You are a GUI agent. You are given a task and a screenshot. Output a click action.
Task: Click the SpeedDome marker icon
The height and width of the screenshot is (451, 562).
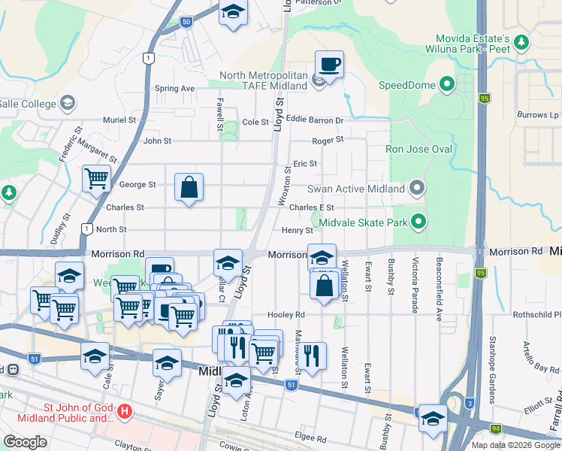point(449,84)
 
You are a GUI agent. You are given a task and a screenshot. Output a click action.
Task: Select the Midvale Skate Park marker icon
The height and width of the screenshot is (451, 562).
point(418,222)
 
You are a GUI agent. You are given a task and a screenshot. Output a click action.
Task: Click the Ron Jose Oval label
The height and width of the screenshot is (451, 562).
point(418,149)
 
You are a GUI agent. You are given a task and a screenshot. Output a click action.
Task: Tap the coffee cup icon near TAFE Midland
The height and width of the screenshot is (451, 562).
point(329,65)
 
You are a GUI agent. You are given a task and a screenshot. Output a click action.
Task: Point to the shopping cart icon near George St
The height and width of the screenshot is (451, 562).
point(97,179)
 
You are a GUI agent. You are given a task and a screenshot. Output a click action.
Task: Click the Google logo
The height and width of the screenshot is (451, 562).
point(25,442)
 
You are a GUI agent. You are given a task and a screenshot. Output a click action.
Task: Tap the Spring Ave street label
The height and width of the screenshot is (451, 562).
point(174,89)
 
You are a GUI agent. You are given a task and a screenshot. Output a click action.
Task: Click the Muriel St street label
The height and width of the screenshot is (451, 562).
point(119,120)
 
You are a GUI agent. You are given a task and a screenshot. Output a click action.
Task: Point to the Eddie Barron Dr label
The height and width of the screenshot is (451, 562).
point(315,120)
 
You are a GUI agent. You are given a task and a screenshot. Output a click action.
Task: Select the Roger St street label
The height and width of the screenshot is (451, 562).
point(328,140)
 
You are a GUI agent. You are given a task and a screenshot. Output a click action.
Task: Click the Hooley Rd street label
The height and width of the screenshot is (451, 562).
point(289,314)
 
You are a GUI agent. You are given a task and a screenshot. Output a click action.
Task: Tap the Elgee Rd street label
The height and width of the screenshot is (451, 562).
point(311,438)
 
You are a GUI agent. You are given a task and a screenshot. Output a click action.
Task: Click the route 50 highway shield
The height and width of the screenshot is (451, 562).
point(186,23)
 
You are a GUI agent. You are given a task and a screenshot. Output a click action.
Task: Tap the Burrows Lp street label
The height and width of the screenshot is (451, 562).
point(538,115)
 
